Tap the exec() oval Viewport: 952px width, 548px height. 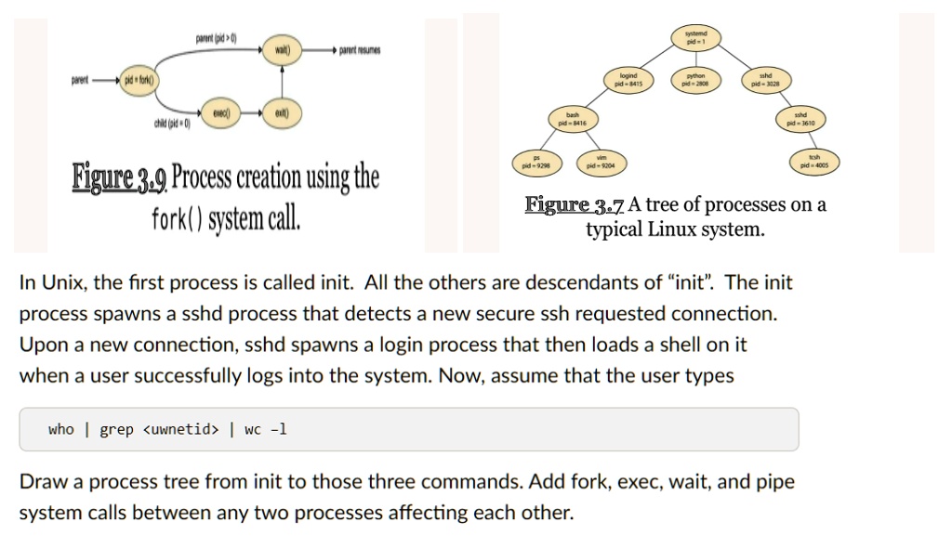221,112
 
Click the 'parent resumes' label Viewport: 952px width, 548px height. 360,49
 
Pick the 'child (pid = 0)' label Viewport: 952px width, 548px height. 172,124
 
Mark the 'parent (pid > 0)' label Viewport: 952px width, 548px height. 216,37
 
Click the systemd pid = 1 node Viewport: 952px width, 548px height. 696,38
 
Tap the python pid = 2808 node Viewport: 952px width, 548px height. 696,79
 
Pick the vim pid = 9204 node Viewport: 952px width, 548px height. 602,162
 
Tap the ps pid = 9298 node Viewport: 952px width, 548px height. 536,162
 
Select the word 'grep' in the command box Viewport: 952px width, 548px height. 116,429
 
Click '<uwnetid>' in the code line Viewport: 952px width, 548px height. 181,429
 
